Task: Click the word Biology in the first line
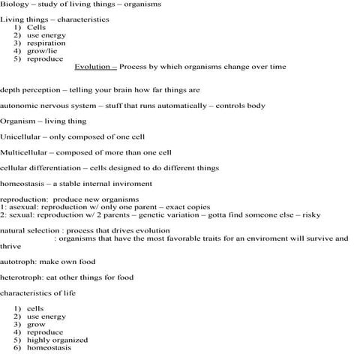13,4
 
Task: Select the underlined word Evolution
94,67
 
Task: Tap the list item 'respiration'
46,43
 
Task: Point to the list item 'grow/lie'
41,51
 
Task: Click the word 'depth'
10,90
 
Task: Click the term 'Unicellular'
20,137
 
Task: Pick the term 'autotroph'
16,262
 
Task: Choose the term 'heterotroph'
20,277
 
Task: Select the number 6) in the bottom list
17,348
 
